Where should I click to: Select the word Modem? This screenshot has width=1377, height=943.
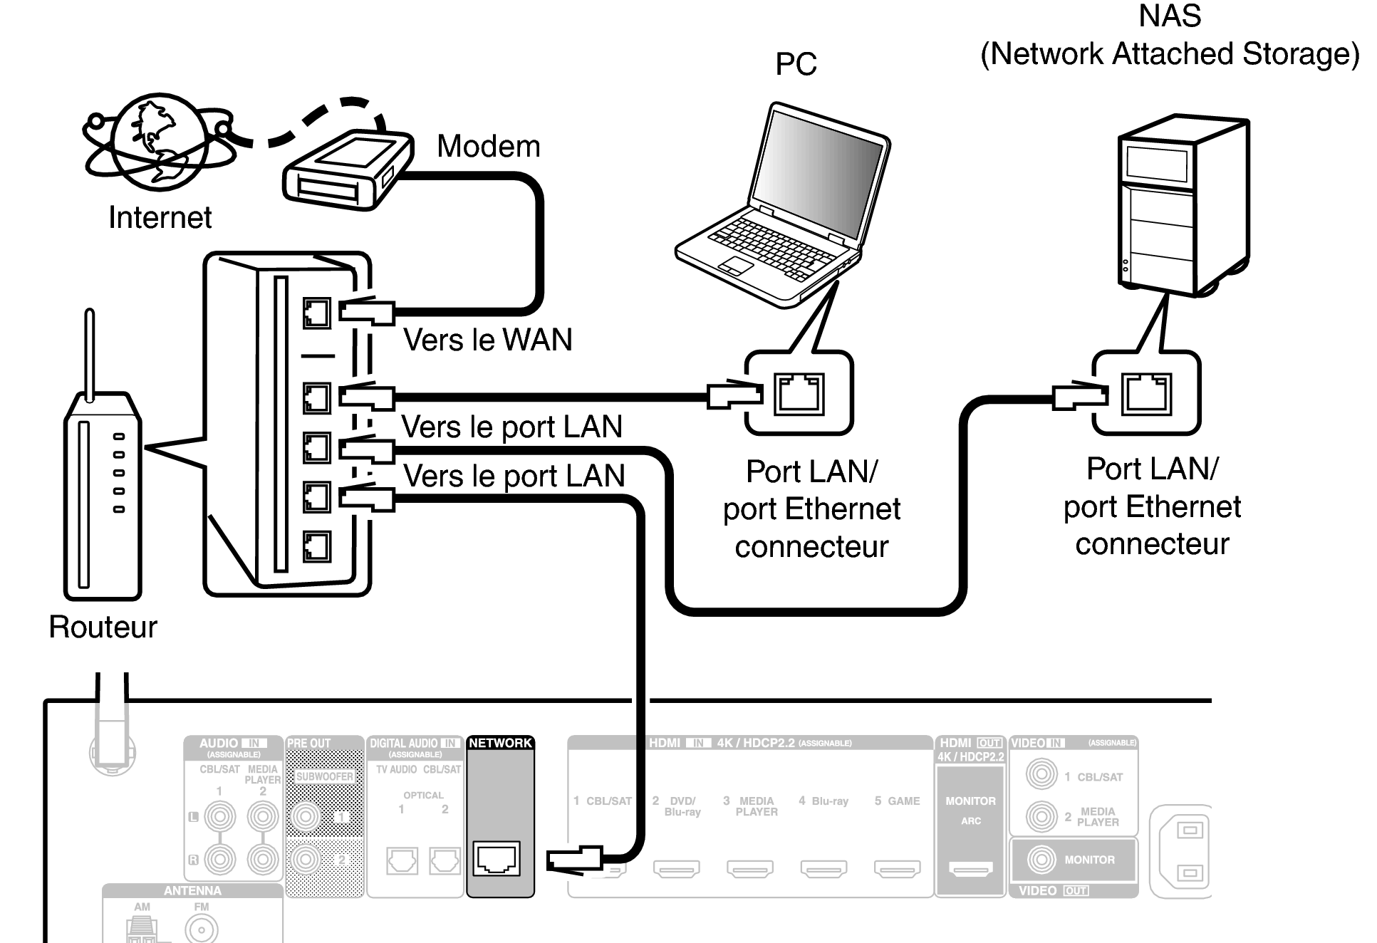click(x=488, y=147)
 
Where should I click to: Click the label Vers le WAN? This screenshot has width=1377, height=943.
click(x=487, y=340)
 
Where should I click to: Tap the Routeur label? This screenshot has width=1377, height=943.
click(x=103, y=627)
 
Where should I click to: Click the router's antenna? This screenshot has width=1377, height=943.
click(x=90, y=353)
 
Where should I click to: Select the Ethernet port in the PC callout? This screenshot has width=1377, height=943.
click(x=800, y=394)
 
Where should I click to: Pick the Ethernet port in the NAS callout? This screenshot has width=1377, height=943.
click(x=1146, y=394)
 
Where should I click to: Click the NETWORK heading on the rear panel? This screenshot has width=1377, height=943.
click(x=500, y=743)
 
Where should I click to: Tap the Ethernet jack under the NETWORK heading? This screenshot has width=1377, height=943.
click(x=497, y=858)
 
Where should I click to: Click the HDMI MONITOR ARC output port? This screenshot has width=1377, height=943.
click(x=970, y=868)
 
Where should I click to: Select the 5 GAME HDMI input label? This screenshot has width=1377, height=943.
click(x=897, y=801)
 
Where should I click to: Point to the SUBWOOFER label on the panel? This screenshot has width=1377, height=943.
click(x=324, y=776)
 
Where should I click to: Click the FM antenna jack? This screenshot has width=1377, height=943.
click(x=202, y=929)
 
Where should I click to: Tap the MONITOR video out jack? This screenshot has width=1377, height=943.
click(x=1041, y=860)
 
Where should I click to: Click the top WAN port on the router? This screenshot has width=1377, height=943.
click(x=317, y=313)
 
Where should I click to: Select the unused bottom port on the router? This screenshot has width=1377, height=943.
click(x=317, y=546)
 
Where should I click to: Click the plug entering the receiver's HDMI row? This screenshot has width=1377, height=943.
click(x=575, y=859)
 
